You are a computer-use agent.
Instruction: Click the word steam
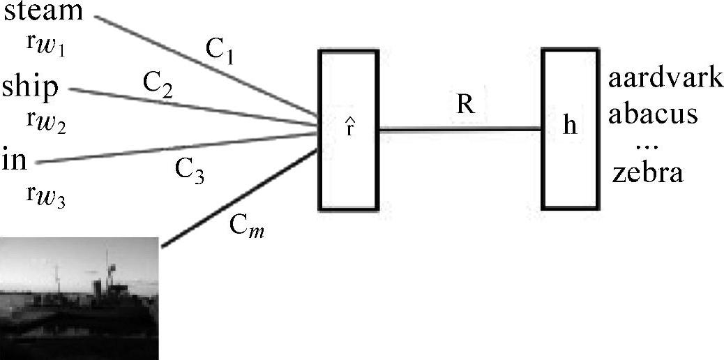44,12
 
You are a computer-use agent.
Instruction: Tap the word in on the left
15,160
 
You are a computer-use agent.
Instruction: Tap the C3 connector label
189,172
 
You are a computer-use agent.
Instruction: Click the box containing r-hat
348,130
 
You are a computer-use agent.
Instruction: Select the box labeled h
571,129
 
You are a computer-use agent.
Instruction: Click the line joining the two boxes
460,128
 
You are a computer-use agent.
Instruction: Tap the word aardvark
665,79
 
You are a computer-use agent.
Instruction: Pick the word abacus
652,113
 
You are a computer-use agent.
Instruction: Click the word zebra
647,173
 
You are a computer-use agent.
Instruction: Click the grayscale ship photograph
80,298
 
